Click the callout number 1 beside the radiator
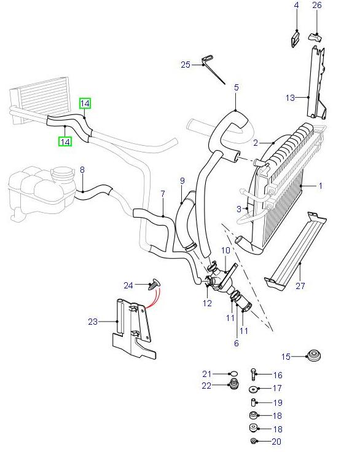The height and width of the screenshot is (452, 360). pos(320,185)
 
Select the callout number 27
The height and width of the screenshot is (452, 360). pos(300,285)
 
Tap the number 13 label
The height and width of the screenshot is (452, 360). pos(291,97)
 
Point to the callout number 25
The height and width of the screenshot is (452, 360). pos(186,64)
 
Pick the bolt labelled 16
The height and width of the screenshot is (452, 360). pos(253,374)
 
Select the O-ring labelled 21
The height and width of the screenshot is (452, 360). pos(232,374)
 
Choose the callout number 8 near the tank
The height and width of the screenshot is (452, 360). pos(82,169)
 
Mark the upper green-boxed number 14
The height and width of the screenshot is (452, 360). pos(85,103)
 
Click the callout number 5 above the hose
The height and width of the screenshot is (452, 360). pos(236,87)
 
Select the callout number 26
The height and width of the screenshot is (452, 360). pos(317,6)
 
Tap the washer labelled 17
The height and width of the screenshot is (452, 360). pos(253,389)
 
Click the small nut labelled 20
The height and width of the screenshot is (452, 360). pos(253,442)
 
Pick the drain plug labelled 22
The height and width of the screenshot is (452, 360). pos(233,386)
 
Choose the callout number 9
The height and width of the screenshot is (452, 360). pos(182,180)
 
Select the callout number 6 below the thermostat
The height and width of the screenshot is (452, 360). pos(237,343)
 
